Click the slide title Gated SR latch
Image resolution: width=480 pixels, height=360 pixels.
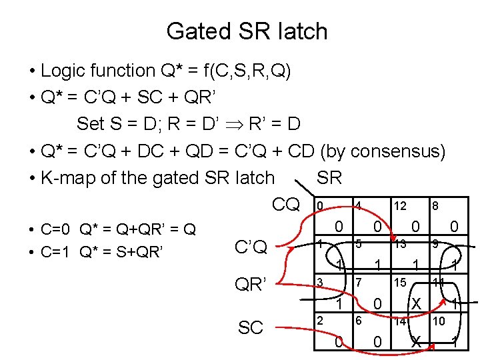[x=247, y=31]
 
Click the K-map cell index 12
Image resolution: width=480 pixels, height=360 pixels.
[x=401, y=207]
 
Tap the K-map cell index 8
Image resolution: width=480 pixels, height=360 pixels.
[x=435, y=207]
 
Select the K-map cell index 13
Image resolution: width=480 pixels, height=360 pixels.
[x=401, y=244]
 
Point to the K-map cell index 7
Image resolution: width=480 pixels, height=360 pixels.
[x=358, y=282]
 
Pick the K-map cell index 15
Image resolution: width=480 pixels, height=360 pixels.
[x=401, y=282]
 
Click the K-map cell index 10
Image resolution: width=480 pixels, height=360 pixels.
[x=439, y=321]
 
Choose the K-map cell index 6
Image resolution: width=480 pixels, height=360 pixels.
[x=358, y=321]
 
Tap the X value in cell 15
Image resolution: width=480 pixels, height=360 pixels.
[x=416, y=304]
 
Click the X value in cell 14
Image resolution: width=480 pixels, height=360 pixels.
[x=416, y=343]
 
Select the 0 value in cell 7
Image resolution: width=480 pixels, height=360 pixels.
[x=377, y=304]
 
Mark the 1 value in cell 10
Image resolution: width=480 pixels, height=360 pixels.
[x=455, y=343]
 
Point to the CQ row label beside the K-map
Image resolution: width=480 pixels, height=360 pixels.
[x=286, y=204]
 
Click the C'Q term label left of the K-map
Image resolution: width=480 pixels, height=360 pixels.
[x=251, y=247]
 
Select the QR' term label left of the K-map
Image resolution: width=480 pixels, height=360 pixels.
[x=251, y=285]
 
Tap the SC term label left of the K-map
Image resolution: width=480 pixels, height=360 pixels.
[x=251, y=327]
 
